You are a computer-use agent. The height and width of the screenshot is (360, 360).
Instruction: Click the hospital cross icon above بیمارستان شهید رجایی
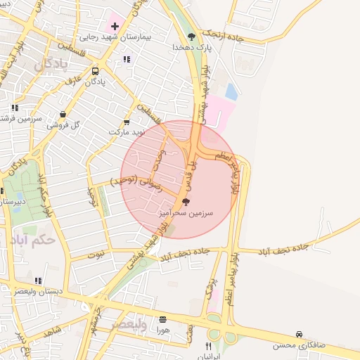115,26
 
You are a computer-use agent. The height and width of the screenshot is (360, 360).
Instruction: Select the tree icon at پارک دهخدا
191,36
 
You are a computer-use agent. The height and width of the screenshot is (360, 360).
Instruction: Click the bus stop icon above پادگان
95,71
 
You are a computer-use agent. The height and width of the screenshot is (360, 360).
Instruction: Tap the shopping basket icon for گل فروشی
63,115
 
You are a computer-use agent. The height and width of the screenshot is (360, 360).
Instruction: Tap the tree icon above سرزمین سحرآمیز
185,201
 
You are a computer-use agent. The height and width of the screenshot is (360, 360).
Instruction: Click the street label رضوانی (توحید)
136,183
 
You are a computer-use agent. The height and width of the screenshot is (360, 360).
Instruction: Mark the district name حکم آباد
32,240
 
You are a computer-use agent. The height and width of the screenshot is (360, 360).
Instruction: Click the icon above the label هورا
163,319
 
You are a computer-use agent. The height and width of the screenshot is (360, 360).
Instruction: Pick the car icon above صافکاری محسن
300,335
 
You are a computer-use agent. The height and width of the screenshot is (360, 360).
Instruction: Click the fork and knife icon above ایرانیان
208,346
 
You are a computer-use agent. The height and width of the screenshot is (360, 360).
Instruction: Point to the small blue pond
231,91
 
